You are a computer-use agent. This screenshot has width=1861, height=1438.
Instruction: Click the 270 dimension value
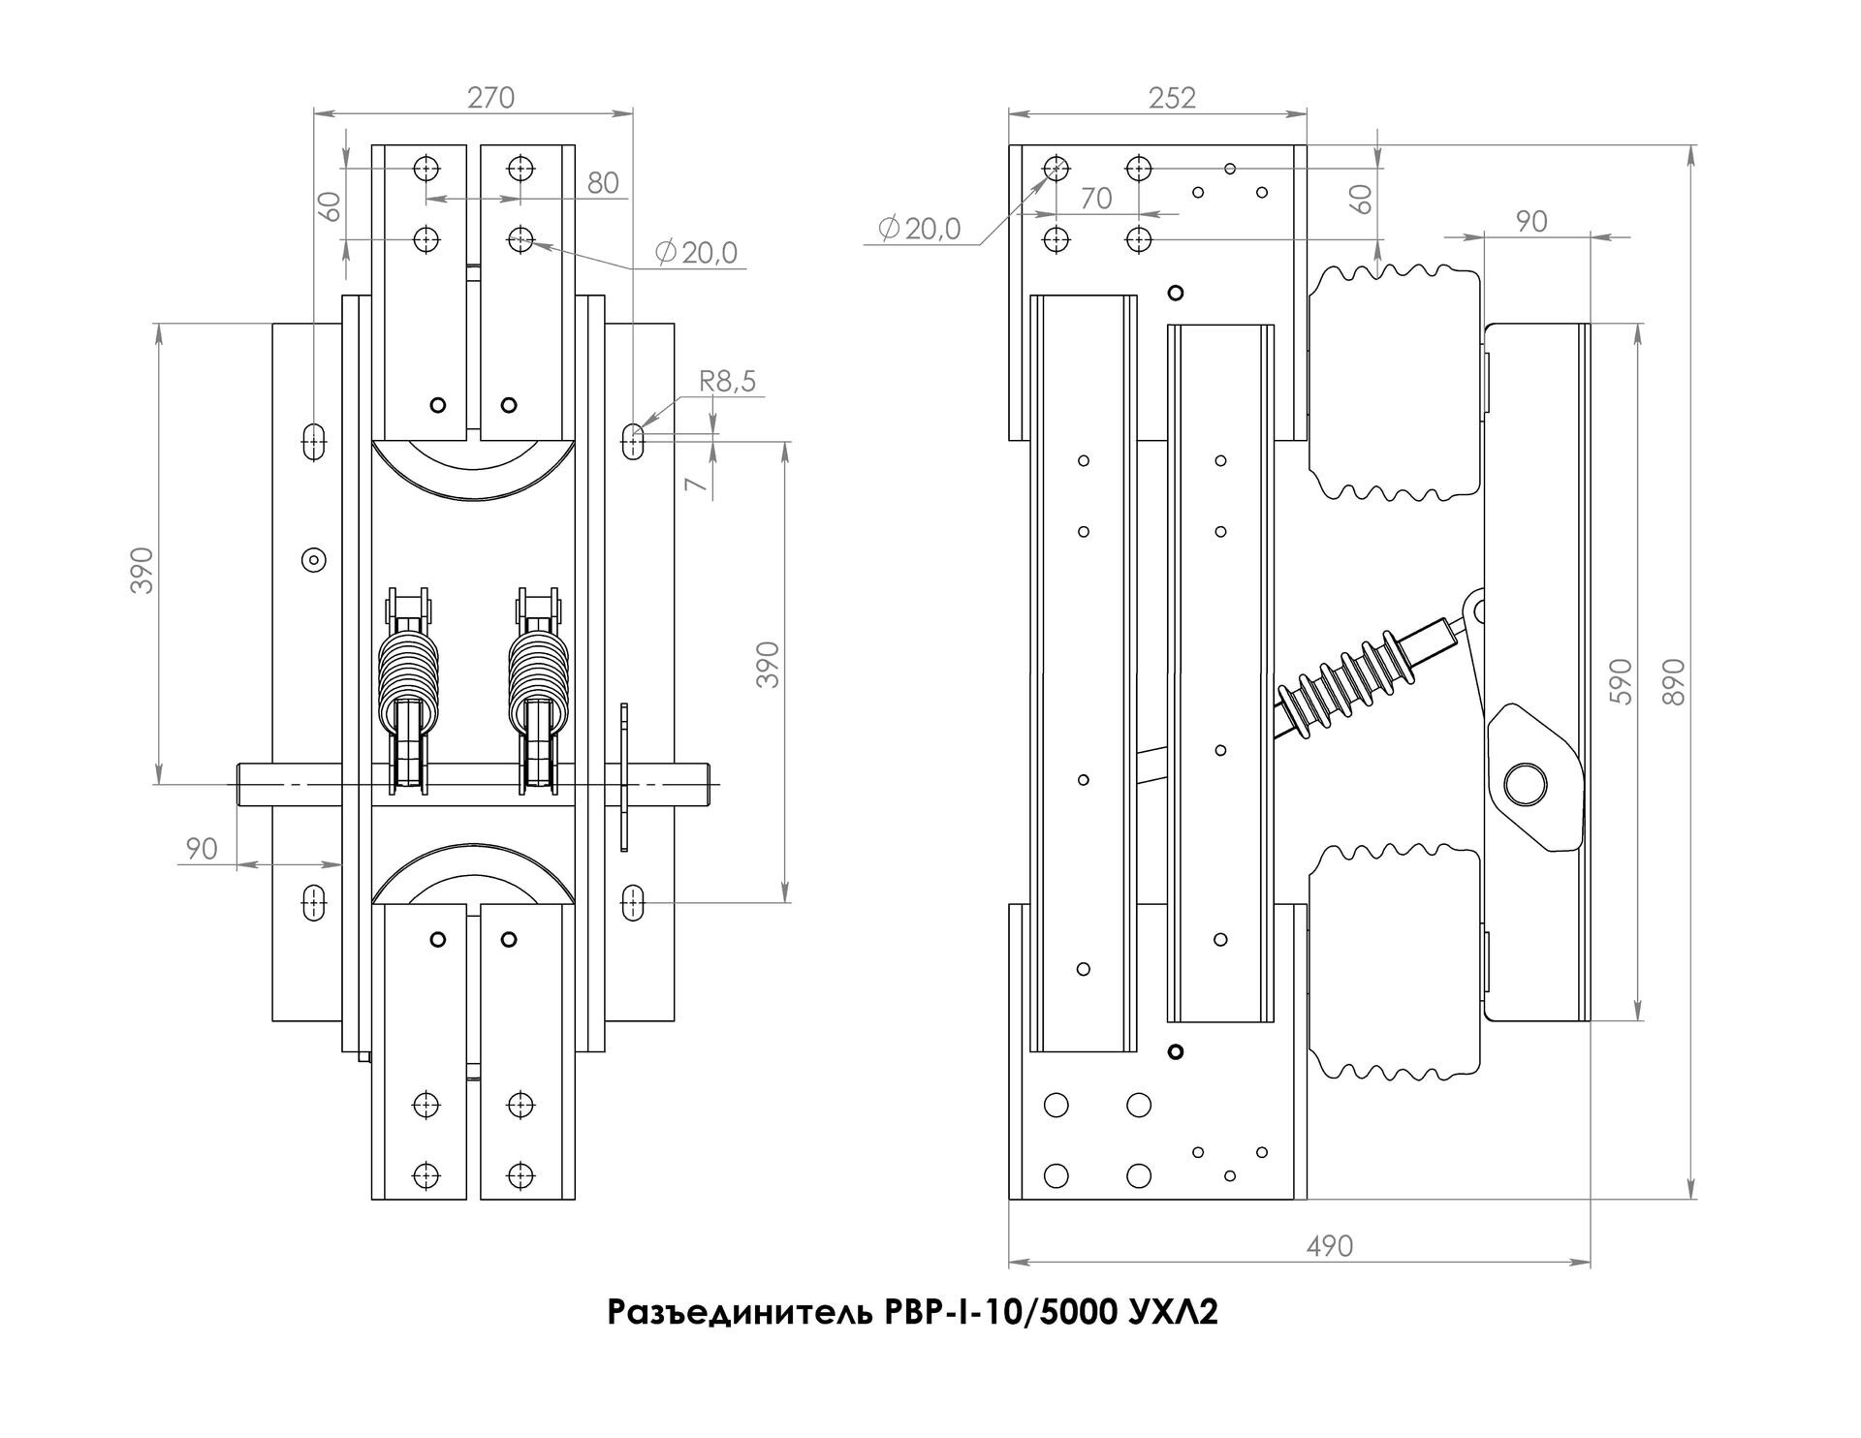pyautogui.click(x=490, y=97)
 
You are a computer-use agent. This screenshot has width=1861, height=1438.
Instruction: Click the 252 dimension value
pyautogui.click(x=1173, y=97)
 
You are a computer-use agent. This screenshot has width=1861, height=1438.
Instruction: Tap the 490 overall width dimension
pyautogui.click(x=1329, y=1245)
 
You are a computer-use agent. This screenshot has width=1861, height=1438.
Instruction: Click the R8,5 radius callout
pyautogui.click(x=728, y=382)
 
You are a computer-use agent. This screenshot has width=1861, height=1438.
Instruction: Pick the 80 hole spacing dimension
pyautogui.click(x=603, y=182)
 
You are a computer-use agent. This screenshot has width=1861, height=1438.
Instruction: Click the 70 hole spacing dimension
pyautogui.click(x=1095, y=199)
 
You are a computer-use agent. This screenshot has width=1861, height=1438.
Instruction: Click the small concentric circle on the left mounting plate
pyautogui.click(x=313, y=559)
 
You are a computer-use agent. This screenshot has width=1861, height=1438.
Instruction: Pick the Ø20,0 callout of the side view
pyautogui.click(x=919, y=229)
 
